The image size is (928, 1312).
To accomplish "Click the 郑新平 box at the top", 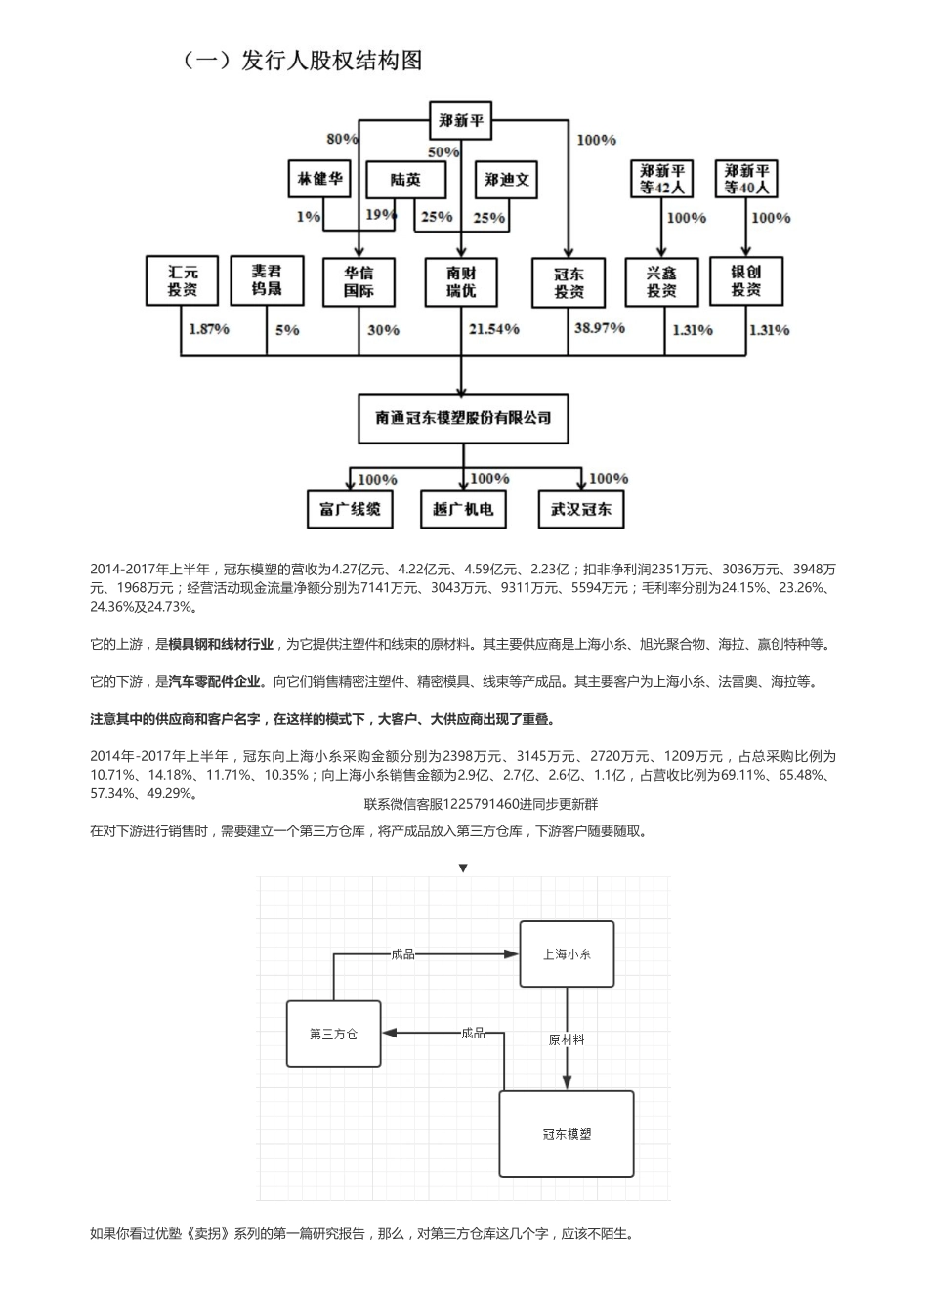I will [x=461, y=122].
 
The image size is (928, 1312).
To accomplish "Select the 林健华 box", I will [x=320, y=179].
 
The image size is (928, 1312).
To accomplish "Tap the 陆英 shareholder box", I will [x=405, y=180].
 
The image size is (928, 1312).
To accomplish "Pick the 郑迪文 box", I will [x=507, y=180].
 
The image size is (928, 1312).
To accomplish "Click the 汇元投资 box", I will [x=182, y=280].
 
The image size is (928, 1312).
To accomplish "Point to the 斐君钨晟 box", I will [x=267, y=280].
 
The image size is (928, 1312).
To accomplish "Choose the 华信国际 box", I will [x=358, y=281].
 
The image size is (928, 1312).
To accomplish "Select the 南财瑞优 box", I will [x=461, y=281].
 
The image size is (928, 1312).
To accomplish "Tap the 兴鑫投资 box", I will [x=661, y=281].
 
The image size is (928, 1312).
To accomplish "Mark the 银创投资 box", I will [x=745, y=281].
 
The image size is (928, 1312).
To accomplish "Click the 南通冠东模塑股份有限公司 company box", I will [x=463, y=418].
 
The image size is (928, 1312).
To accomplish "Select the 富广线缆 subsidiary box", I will [x=350, y=509].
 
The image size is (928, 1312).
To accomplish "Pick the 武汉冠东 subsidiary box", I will [x=581, y=509].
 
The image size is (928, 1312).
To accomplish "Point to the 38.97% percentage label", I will [x=599, y=328].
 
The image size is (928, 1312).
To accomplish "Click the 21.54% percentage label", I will [x=493, y=329].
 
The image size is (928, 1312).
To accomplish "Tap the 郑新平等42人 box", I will [x=661, y=180].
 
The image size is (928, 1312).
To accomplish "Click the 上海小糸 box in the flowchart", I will [x=567, y=953].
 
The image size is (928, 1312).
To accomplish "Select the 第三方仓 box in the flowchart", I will [x=333, y=1034].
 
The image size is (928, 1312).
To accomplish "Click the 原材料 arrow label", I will [x=567, y=1039].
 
